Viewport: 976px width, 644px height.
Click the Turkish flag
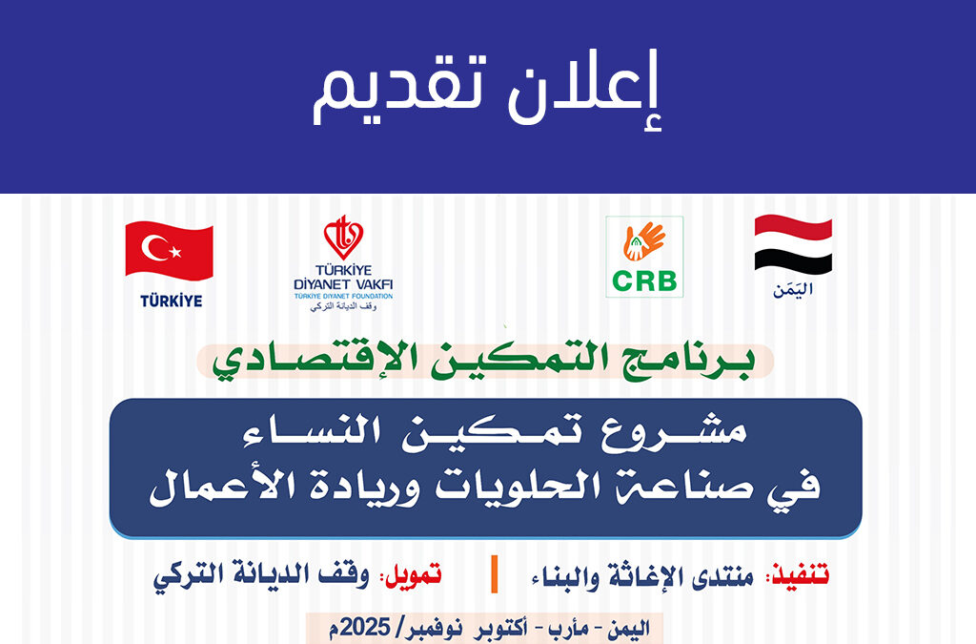point(170,251)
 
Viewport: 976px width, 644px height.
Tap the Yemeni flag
point(793,245)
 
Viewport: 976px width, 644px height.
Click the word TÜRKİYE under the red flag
point(172,301)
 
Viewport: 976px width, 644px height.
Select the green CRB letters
point(644,281)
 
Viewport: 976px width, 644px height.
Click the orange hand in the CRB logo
point(644,241)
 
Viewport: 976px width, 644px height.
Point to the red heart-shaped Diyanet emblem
point(343,238)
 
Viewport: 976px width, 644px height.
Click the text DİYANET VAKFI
point(343,284)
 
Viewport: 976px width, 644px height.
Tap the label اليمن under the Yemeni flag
point(793,290)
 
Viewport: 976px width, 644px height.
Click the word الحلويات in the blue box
point(517,486)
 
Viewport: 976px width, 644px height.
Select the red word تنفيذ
point(801,574)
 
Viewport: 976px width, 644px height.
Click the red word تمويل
point(414,574)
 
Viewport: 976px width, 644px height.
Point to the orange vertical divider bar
point(495,574)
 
